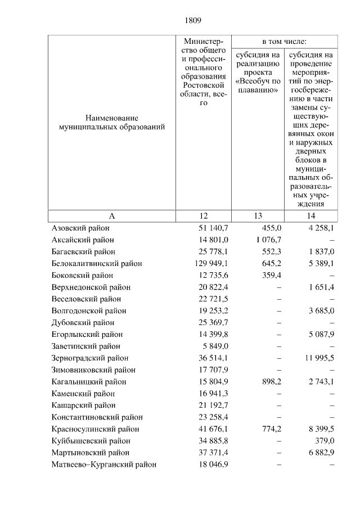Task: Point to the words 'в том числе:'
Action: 284,42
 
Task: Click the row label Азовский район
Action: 80,228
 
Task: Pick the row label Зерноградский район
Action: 89,358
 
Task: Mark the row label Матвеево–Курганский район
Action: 103,465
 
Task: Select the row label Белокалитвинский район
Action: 96,264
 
